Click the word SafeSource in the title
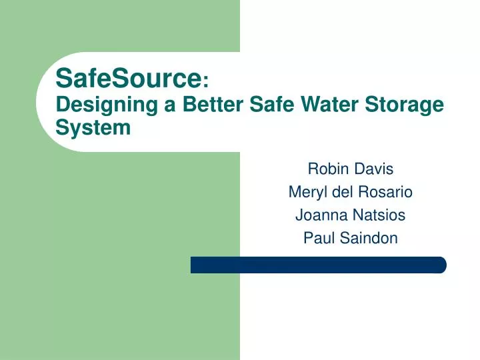coord(129,78)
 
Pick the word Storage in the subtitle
coord(404,105)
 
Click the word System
coord(93,128)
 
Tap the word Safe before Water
coord(271,104)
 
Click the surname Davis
coord(374,169)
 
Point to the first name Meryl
coord(307,193)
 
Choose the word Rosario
coord(385,192)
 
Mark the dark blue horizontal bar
coord(319,265)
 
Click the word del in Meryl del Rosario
coord(343,192)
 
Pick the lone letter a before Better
coord(170,106)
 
